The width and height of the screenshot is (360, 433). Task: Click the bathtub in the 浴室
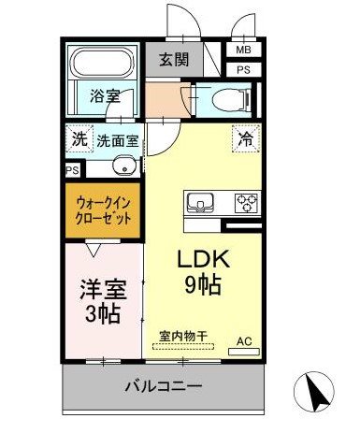tap(102, 62)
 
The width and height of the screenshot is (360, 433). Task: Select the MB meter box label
tap(243, 50)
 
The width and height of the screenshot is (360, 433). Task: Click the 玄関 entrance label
tap(174, 59)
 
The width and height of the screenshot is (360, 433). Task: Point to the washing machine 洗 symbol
tap(79, 138)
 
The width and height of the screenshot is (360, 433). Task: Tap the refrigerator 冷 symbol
tap(246, 138)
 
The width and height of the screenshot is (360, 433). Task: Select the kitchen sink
tap(200, 203)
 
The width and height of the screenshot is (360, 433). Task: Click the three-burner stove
tap(246, 203)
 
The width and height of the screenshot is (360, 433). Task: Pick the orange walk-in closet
tap(103, 210)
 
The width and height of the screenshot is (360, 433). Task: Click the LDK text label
tap(204, 259)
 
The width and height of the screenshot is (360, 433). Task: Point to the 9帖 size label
tap(203, 284)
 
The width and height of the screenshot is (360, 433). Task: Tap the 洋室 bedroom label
tap(104, 290)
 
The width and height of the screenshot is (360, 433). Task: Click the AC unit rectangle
tap(244, 352)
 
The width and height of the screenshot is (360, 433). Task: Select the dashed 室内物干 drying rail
tap(183, 346)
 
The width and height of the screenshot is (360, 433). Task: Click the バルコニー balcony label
tap(164, 386)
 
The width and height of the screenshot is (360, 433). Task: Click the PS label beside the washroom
tap(72, 170)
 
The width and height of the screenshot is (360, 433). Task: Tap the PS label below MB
tap(243, 69)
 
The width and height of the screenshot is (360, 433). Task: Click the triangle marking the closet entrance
tap(94, 250)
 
